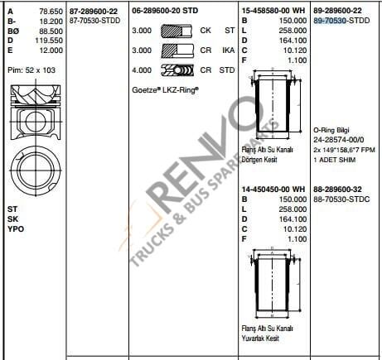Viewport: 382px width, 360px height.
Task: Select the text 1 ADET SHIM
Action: pyautogui.click(x=334, y=157)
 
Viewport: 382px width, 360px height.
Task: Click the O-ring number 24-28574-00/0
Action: pyautogui.click(x=339, y=139)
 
